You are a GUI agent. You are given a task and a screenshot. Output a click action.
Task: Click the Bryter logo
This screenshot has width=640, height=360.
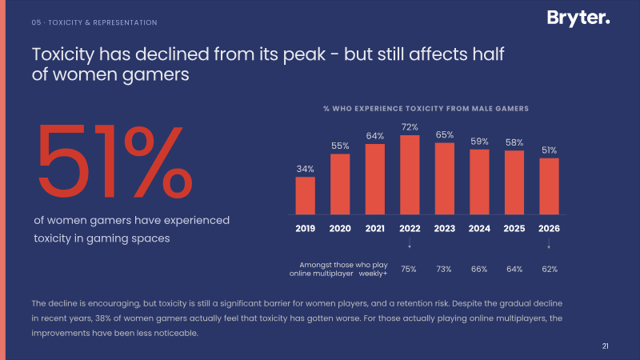click(578, 18)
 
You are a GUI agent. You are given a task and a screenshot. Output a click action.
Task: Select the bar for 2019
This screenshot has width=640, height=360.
click(306, 195)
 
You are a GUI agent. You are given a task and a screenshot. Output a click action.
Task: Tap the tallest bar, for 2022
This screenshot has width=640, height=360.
click(410, 174)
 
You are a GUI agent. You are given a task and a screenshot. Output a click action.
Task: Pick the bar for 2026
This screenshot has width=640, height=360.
click(549, 186)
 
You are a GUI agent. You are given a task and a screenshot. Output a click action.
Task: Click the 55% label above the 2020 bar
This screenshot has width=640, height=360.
click(340, 146)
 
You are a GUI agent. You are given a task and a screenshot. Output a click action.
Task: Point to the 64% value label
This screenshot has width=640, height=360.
click(374, 136)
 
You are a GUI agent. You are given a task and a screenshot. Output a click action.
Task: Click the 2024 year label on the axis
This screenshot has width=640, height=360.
click(479, 229)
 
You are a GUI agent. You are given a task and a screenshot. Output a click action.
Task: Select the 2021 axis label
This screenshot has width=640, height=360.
click(374, 229)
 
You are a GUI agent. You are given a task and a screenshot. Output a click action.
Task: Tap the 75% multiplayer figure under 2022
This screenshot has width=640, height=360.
click(409, 269)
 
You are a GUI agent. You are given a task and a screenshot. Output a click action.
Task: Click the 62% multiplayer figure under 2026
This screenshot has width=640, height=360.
click(550, 269)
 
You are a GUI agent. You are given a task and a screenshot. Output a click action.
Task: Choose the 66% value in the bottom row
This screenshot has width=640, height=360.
click(479, 269)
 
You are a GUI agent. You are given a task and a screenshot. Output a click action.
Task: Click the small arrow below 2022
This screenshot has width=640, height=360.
click(410, 243)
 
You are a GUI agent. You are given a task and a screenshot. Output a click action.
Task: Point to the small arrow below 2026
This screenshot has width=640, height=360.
click(549, 243)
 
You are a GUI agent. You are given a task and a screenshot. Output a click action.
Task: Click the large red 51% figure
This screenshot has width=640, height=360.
click(114, 162)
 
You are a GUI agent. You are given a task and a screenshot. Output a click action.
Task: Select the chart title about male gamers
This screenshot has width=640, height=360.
click(426, 109)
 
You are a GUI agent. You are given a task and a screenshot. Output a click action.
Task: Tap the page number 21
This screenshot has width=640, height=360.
click(606, 346)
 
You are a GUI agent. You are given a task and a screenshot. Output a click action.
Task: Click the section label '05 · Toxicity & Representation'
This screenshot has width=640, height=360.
click(94, 22)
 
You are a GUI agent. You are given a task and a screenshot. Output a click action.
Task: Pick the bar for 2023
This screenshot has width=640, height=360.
click(445, 178)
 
